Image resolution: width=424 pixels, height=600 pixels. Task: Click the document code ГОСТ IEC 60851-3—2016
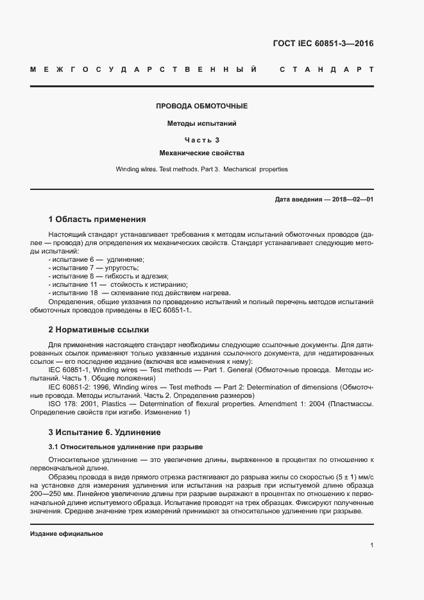point(323,44)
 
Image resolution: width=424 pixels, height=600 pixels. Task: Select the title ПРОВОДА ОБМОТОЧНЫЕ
point(202,106)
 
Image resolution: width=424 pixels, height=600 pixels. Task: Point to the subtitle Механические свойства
point(202,153)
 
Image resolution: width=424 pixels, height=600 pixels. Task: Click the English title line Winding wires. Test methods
point(202,169)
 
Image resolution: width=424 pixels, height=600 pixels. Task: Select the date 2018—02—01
point(352,200)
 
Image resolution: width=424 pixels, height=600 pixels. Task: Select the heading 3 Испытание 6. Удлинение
point(105,432)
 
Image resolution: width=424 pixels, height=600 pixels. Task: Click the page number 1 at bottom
point(371,545)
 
